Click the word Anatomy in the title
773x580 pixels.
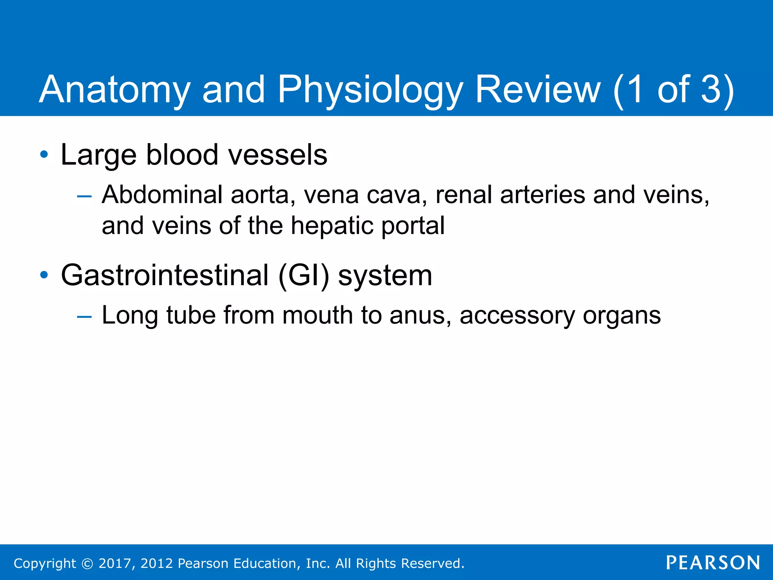point(115,90)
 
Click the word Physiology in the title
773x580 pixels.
point(370,90)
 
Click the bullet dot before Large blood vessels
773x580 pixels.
point(44,154)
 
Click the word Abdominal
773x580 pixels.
point(162,195)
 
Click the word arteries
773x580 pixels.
point(542,195)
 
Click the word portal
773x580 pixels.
point(413,226)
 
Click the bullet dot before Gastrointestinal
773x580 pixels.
point(44,275)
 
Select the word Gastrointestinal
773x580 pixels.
point(165,275)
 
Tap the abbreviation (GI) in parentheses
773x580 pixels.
point(303,275)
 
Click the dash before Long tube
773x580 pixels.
point(84,316)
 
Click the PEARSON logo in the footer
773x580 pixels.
point(713,563)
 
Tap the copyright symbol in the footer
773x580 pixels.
point(87,564)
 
